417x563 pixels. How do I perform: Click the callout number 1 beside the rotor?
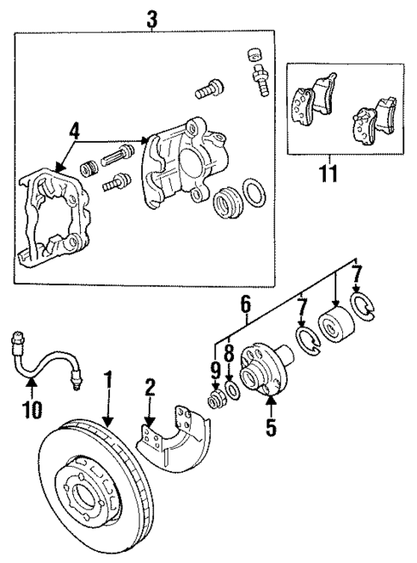108,379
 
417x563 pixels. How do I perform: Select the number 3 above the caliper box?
151,17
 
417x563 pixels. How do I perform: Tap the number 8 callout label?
230,352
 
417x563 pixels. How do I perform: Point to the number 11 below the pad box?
328,174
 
